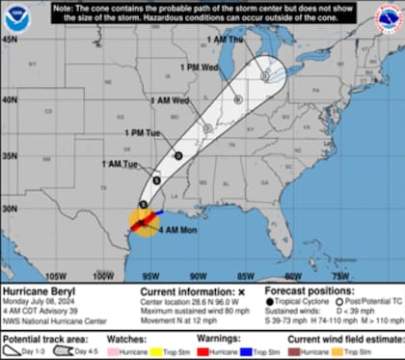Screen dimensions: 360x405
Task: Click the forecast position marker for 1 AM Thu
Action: pyautogui.click(x=264, y=74)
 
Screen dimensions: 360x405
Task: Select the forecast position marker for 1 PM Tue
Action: pyautogui.click(x=178, y=155)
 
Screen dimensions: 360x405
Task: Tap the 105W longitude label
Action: pyautogui.click(x=56, y=275)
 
